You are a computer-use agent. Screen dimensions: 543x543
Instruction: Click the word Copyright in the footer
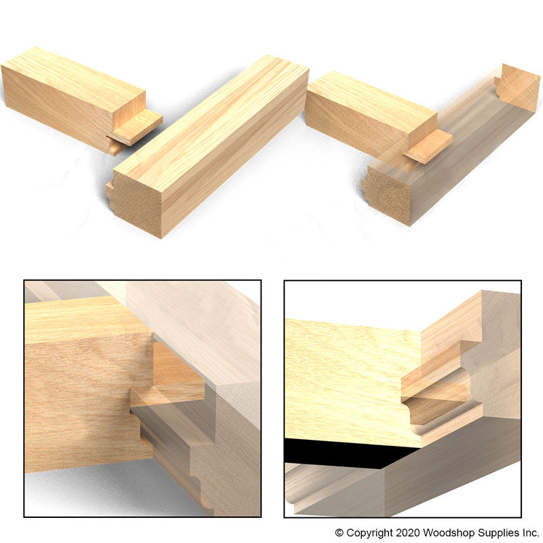[369, 533]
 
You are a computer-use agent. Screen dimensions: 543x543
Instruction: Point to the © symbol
[339, 532]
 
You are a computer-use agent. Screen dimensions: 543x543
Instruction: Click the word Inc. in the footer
[528, 532]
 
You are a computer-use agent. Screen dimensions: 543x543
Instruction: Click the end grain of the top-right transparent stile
[388, 195]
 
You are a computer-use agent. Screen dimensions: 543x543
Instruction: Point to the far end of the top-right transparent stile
[519, 88]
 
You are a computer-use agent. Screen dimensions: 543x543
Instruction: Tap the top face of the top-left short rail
[75, 79]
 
